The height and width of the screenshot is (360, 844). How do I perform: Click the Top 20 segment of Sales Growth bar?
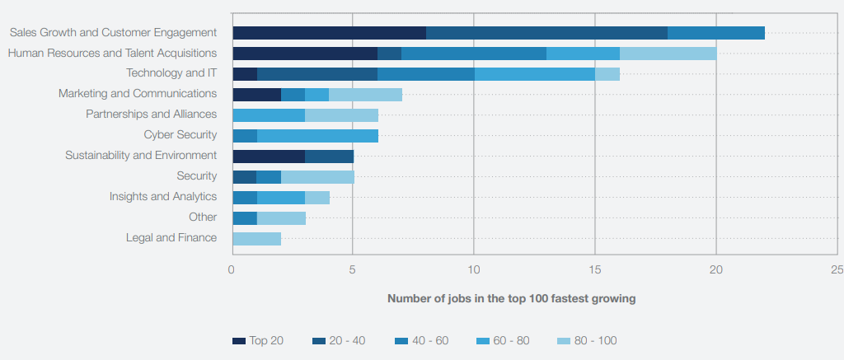pyautogui.click(x=329, y=33)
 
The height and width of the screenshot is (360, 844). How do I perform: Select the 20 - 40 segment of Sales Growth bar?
pyautogui.click(x=546, y=33)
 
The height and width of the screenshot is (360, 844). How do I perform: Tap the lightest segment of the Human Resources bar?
pyautogui.click(x=668, y=54)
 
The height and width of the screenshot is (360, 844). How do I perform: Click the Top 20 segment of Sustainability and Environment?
pyautogui.click(x=269, y=156)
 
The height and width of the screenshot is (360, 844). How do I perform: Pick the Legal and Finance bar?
pyautogui.click(x=256, y=239)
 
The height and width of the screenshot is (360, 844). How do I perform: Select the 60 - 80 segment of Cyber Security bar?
pyautogui.click(x=317, y=135)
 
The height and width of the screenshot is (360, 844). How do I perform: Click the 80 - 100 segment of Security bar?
pyautogui.click(x=317, y=176)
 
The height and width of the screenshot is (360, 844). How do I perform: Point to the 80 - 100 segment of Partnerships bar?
pyautogui.click(x=341, y=115)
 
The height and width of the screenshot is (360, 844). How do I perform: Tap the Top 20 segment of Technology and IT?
pyautogui.click(x=245, y=74)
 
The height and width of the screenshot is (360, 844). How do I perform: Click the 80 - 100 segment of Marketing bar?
pyautogui.click(x=365, y=95)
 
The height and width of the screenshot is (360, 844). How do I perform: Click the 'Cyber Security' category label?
pyautogui.click(x=180, y=135)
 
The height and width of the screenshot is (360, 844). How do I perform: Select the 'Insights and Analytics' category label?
pyautogui.click(x=163, y=197)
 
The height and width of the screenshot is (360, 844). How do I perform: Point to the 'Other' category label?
pyautogui.click(x=203, y=217)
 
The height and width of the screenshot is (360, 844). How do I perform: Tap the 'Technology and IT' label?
pyautogui.click(x=171, y=73)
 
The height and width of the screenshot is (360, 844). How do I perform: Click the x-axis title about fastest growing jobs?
pyautogui.click(x=511, y=299)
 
